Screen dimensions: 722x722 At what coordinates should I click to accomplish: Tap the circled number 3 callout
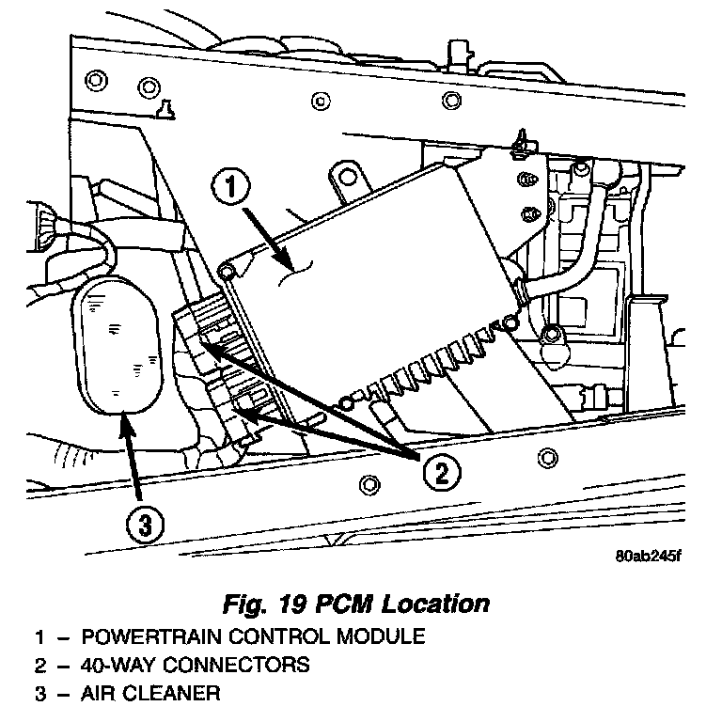[143, 526]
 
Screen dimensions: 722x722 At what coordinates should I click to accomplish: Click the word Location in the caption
[436, 603]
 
